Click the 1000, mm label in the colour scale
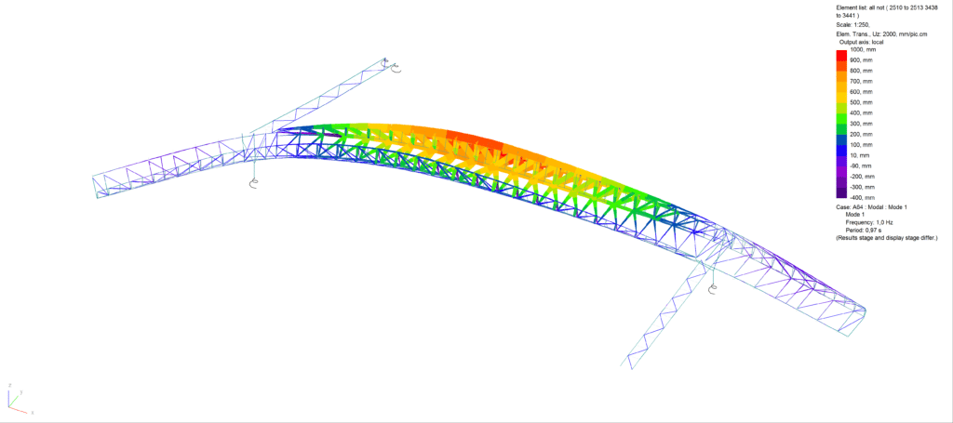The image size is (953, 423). (860, 50)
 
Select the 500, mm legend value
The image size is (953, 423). (859, 102)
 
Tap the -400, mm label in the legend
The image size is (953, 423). (859, 197)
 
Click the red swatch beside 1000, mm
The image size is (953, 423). (841, 55)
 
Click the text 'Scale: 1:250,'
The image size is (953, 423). (853, 25)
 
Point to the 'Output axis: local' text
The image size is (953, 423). (861, 42)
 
